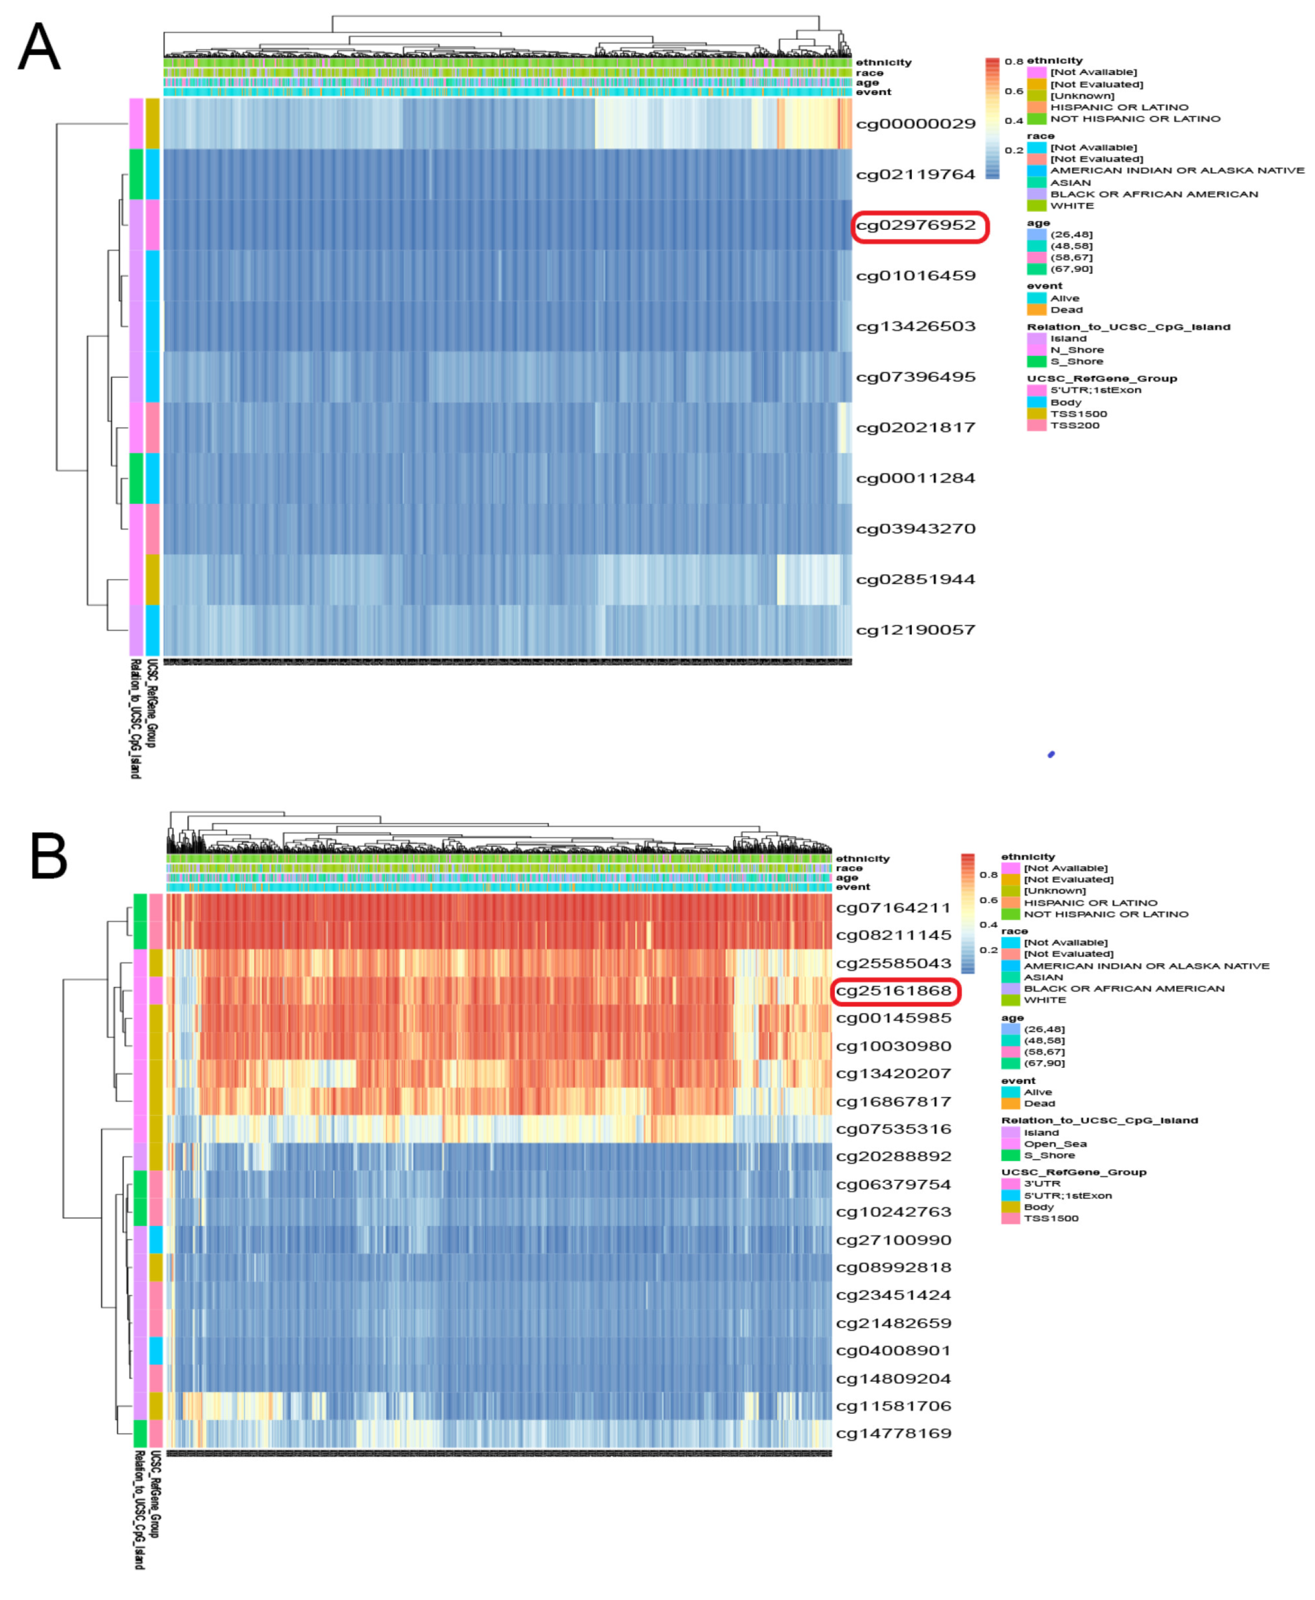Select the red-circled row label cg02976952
pyautogui.click(x=916, y=226)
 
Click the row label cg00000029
pyautogui.click(x=916, y=124)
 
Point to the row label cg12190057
pyautogui.click(x=916, y=630)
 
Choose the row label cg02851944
pyautogui.click(x=916, y=579)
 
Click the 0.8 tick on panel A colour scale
pyautogui.click(x=1014, y=61)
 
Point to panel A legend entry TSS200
pyautogui.click(x=1074, y=426)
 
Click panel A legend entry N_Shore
pyautogui.click(x=1076, y=350)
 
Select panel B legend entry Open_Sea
pyautogui.click(x=1055, y=1144)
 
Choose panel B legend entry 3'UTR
pyautogui.click(x=1042, y=1183)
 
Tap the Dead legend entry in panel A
pyautogui.click(x=1066, y=310)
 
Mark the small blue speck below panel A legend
pyautogui.click(x=1051, y=755)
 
